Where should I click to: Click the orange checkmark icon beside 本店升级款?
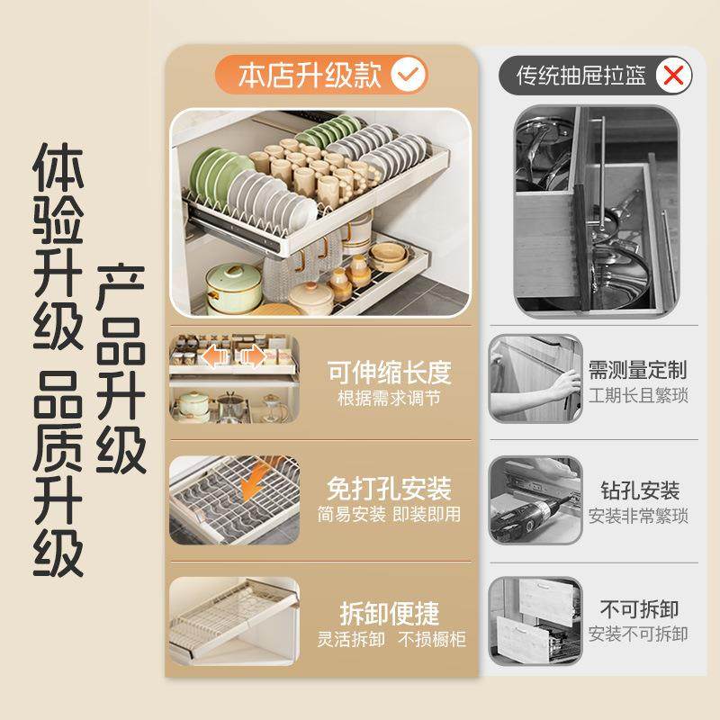(x=409, y=74)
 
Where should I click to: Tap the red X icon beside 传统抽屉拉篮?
(x=670, y=75)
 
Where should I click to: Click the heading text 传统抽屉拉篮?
(x=580, y=76)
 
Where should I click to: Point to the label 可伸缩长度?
(x=388, y=372)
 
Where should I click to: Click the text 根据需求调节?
(x=388, y=397)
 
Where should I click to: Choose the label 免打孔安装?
(x=388, y=490)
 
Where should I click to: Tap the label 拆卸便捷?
(x=389, y=614)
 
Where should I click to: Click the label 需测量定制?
(x=637, y=370)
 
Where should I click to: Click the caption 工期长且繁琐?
(x=638, y=396)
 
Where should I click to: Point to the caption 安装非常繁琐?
(x=638, y=517)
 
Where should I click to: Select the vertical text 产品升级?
(x=121, y=369)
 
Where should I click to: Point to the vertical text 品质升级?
(x=58, y=485)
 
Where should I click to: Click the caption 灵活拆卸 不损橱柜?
(x=389, y=639)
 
